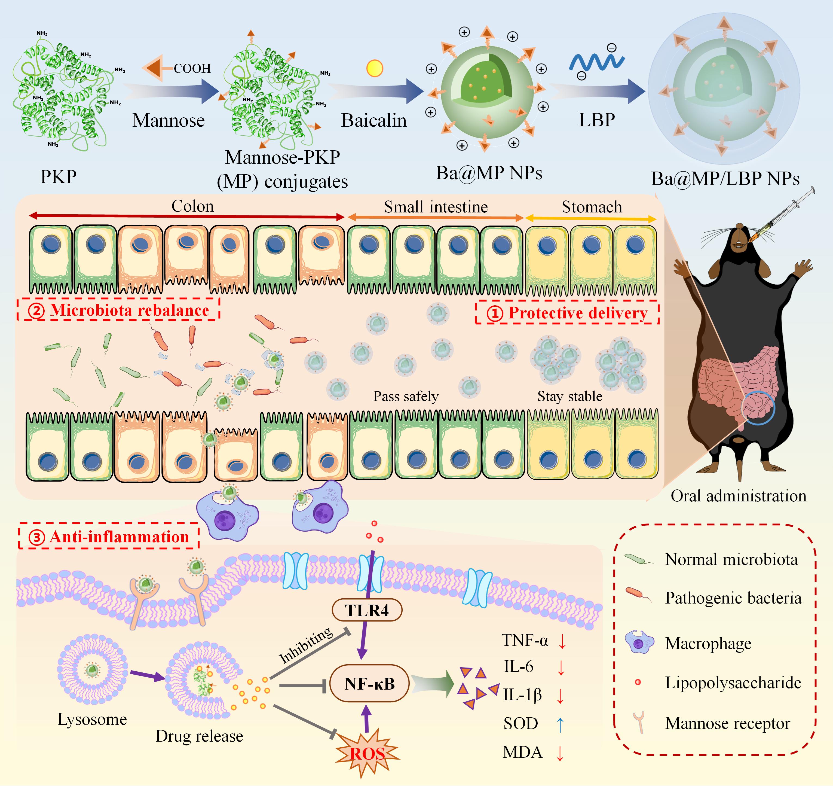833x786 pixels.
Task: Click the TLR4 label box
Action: point(367,610)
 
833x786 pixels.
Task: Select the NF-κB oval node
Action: point(369,684)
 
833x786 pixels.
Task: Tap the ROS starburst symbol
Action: point(367,753)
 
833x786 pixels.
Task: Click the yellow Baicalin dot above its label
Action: point(375,68)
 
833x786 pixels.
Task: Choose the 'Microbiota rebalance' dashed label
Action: point(119,310)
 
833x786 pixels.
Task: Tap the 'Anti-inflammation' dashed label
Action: point(109,537)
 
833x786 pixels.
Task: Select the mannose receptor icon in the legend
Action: point(639,722)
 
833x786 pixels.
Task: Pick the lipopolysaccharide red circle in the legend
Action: point(638,682)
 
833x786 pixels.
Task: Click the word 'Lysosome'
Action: point(92,719)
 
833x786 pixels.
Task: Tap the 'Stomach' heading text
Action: point(592,207)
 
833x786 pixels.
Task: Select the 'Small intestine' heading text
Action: point(436,207)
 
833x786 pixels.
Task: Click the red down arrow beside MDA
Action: point(560,753)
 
